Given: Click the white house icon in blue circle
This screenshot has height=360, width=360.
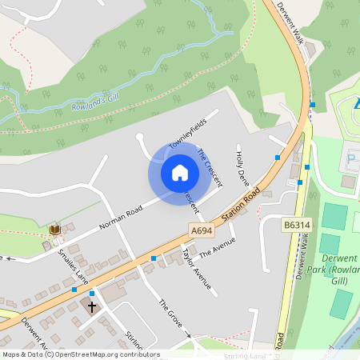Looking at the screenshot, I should click(180, 173).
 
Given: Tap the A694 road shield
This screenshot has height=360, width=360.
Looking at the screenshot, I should click(202, 230).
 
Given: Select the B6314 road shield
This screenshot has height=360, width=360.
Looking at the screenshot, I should click(297, 226).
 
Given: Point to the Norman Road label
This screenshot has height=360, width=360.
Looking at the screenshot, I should click(120, 217).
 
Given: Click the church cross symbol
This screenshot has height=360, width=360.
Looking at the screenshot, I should click(91, 306).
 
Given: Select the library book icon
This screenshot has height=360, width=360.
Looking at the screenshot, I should click(54, 230).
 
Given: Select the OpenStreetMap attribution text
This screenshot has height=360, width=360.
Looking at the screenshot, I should click(80, 354).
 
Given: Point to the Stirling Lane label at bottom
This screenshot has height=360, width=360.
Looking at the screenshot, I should click(245, 355).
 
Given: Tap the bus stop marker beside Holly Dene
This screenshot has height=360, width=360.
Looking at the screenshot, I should click(278, 158).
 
